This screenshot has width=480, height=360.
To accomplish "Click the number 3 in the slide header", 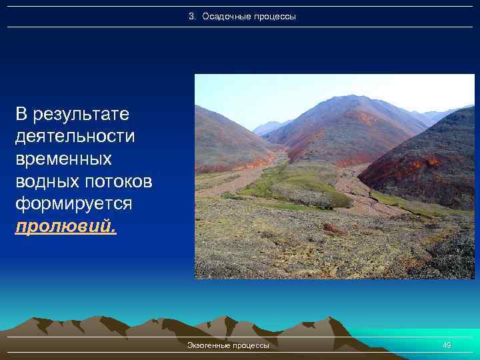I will (x=191, y=16).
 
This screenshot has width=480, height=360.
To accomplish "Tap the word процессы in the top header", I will (x=273, y=16).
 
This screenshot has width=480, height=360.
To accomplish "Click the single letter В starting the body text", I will (x=21, y=114).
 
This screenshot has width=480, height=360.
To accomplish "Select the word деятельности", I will (x=74, y=137).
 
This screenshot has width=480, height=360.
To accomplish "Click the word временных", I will (x=63, y=159).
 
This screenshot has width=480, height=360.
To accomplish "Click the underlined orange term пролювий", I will (x=64, y=227).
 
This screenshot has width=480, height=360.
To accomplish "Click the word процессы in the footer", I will (x=252, y=345).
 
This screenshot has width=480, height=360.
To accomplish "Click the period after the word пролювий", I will (x=114, y=231).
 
